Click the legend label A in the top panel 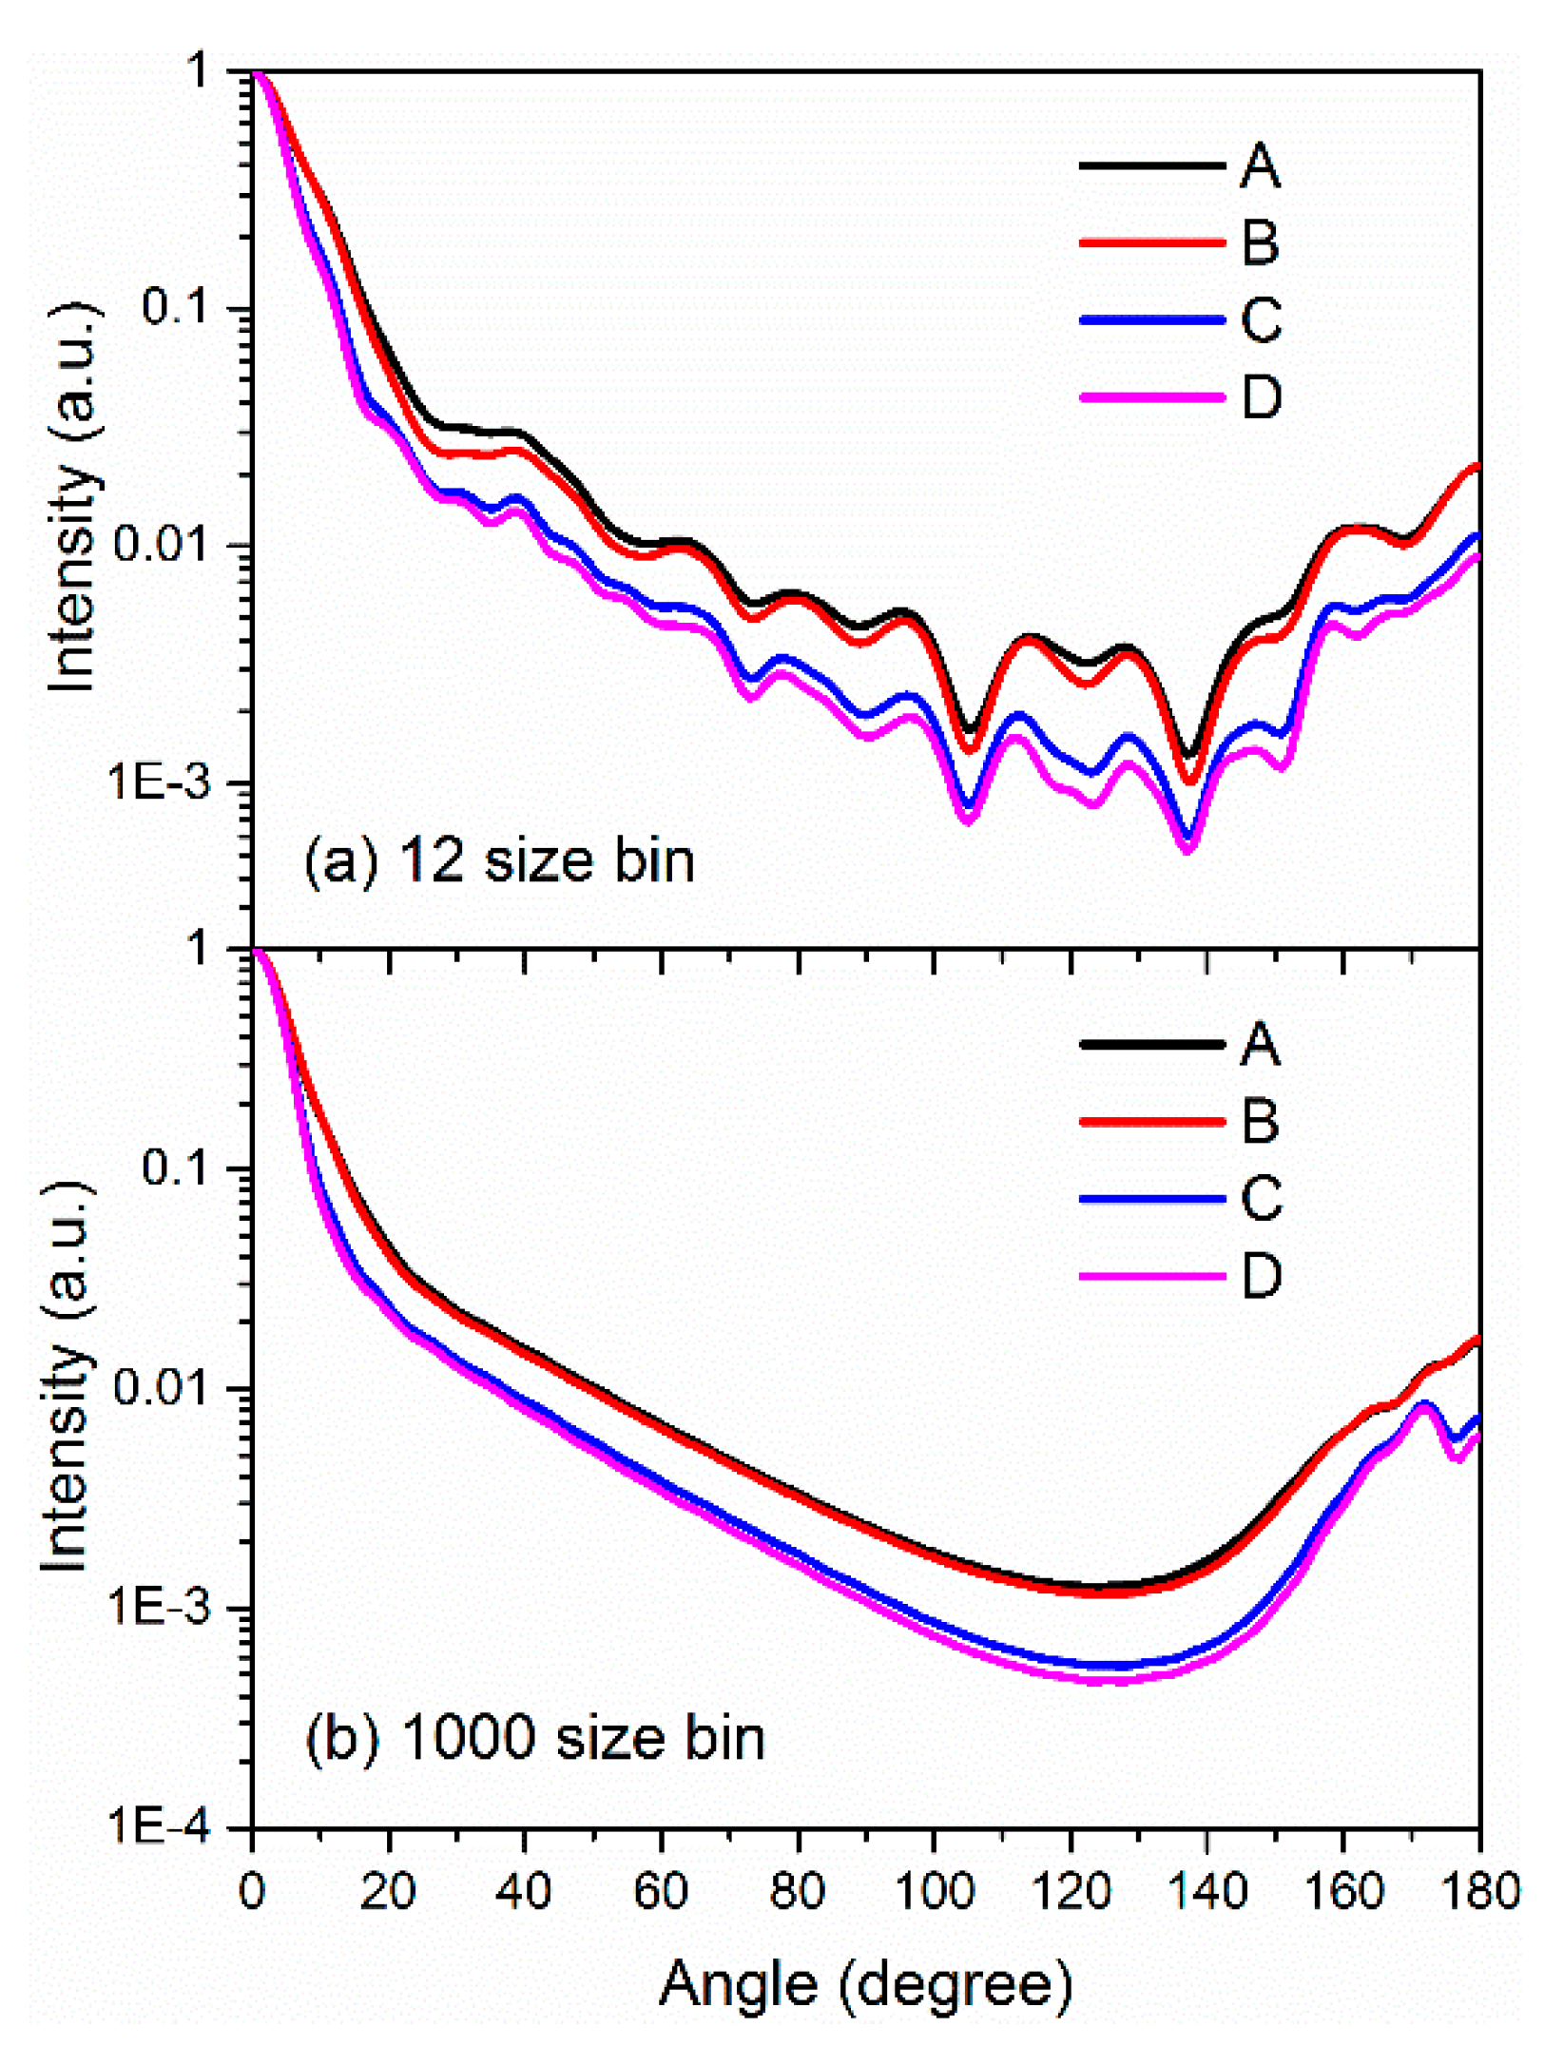pyautogui.click(x=1260, y=166)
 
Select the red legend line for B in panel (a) pyautogui.click(x=1151, y=243)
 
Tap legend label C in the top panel pyautogui.click(x=1261, y=320)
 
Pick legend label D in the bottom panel pyautogui.click(x=1261, y=1276)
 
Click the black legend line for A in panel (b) pyautogui.click(x=1151, y=1044)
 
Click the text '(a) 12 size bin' pyautogui.click(x=500, y=861)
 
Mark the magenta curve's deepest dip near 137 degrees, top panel pyautogui.click(x=1187, y=849)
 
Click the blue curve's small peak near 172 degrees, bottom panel pyautogui.click(x=1423, y=1403)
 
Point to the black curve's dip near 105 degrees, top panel pyautogui.click(x=969, y=730)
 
